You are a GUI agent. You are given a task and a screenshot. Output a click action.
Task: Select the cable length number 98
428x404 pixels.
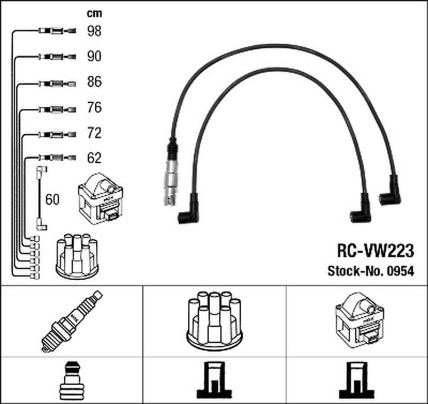(94, 31)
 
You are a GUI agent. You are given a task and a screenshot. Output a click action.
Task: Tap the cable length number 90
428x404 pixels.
(94, 56)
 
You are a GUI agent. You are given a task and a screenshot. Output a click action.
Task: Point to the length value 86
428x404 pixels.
(94, 83)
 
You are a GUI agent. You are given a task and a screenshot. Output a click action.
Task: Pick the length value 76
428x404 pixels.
(94, 108)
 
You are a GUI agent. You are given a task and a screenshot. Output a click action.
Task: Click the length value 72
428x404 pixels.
(94, 133)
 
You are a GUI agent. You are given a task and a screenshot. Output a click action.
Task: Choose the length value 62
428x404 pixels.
(94, 158)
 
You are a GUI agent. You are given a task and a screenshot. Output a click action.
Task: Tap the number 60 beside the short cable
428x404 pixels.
(52, 200)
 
